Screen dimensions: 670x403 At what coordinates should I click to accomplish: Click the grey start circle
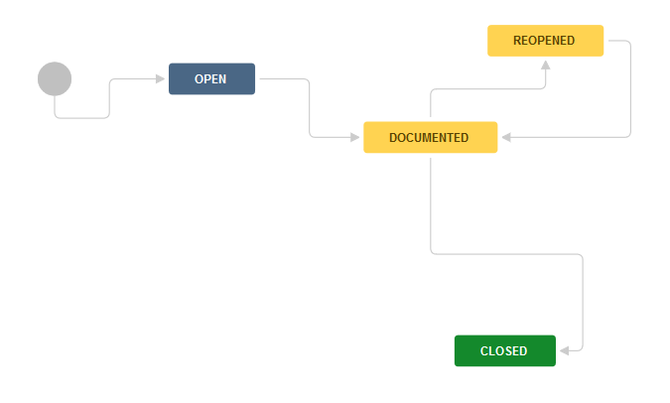point(55,79)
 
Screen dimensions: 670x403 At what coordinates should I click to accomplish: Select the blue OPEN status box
point(212,79)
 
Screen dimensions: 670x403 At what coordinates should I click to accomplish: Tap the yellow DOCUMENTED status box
point(430,137)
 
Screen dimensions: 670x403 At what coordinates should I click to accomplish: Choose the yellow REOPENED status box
point(545,41)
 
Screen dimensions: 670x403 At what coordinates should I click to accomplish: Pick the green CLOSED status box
point(505,350)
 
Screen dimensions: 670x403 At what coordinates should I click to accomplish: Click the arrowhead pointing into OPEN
point(160,79)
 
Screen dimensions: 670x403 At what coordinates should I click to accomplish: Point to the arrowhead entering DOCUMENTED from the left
point(354,137)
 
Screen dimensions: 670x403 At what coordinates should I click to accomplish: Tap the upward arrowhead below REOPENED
point(545,65)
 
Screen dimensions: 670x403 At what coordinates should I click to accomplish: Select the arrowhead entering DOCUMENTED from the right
point(507,137)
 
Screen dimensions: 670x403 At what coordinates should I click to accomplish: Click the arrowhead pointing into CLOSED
point(565,350)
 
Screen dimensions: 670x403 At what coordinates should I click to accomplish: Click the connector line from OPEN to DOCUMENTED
point(310,108)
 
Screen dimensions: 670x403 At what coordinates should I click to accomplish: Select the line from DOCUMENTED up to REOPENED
point(487,89)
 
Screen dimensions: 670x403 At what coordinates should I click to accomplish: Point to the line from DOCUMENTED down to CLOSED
point(507,254)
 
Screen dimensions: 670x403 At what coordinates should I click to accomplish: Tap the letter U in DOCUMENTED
point(415,138)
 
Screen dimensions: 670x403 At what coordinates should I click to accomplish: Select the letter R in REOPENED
point(516,41)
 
